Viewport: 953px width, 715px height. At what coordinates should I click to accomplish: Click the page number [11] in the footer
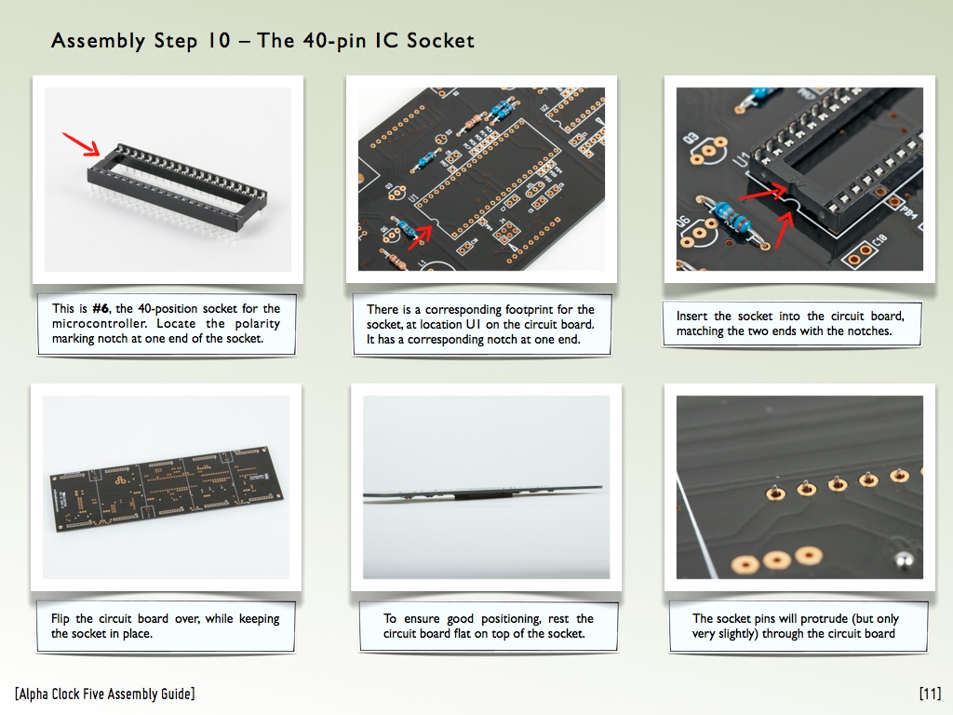(x=930, y=694)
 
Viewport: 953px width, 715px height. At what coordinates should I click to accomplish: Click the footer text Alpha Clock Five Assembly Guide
(x=105, y=694)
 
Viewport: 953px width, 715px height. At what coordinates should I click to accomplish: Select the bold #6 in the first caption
(x=101, y=308)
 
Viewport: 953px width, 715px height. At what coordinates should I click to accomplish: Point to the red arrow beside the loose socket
(x=81, y=143)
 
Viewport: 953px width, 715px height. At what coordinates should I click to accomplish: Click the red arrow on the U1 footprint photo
(x=420, y=237)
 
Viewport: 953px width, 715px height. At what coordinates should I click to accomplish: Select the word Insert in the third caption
(x=691, y=317)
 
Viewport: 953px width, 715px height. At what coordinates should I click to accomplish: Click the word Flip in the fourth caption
(x=60, y=619)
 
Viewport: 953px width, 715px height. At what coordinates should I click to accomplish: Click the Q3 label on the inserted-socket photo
(x=691, y=139)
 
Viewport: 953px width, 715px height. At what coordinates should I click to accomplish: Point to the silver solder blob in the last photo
(x=904, y=560)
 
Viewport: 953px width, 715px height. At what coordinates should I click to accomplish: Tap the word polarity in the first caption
(x=257, y=323)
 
